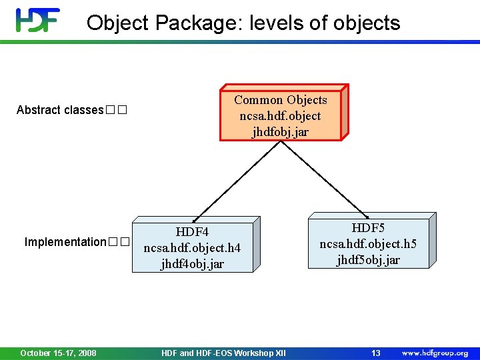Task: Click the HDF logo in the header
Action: tap(38, 20)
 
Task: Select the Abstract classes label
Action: tap(60, 110)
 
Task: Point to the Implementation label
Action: tap(65, 242)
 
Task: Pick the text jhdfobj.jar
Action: tap(280, 132)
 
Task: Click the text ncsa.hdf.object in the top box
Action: tap(280, 116)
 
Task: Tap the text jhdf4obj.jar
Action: tap(192, 264)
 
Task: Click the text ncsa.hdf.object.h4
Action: tap(192, 248)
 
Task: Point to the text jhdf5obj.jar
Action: tap(368, 260)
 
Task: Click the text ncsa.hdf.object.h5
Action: tap(368, 244)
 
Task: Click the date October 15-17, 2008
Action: tap(58, 353)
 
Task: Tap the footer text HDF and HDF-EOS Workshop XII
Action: tap(223, 353)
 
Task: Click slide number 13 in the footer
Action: tap(375, 353)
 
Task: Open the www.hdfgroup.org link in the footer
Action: tap(435, 353)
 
